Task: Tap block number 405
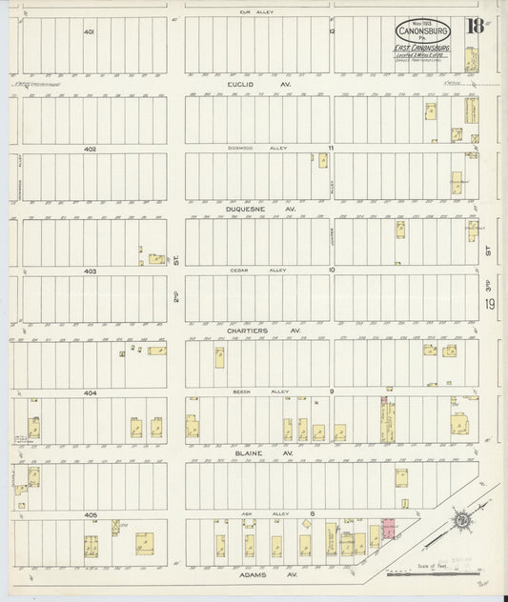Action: coord(90,514)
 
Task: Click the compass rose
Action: coord(459,521)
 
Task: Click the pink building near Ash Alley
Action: coord(390,527)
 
